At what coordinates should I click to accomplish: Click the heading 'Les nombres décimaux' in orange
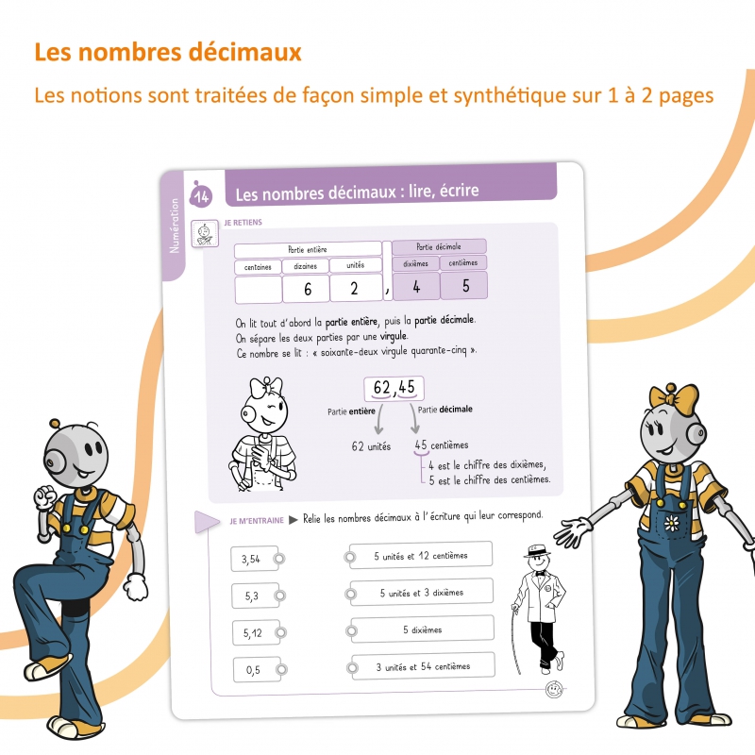tap(167, 51)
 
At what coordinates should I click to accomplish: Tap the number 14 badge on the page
tap(200, 195)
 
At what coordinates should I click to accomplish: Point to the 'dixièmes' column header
tap(415, 263)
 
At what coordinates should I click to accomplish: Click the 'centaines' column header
tap(258, 267)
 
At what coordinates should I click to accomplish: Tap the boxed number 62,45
tap(394, 388)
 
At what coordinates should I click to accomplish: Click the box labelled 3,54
tap(251, 560)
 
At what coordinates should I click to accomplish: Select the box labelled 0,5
tap(253, 670)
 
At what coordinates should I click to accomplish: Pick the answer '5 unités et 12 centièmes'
tap(421, 556)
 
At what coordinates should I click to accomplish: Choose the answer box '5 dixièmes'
tap(422, 629)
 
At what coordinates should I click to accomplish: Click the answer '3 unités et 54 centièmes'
tap(423, 666)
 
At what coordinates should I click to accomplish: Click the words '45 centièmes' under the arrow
tap(442, 445)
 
